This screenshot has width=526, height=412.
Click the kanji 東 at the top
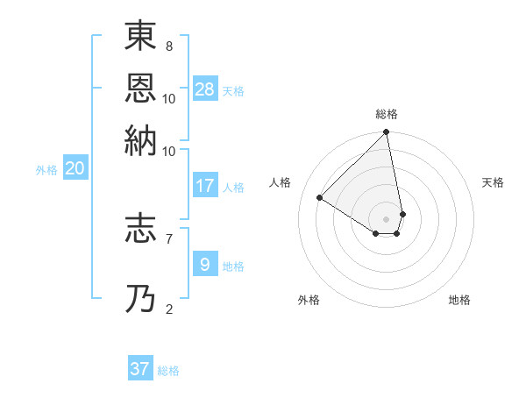pos(141,38)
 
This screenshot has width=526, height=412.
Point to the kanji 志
pos(141,230)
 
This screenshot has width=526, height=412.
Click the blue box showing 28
pos(205,89)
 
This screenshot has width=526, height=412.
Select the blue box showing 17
pos(205,186)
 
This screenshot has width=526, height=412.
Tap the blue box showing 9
pos(205,264)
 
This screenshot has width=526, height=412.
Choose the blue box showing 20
pos(75,168)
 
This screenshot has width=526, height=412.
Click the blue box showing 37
pos(140,368)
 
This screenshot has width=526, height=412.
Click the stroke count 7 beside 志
pos(168,237)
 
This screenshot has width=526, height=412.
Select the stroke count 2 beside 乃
pos(168,307)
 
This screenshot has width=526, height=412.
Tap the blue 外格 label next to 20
pos(46,170)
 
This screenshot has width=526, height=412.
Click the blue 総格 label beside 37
pos(168,371)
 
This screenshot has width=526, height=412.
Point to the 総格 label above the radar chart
pos(386,114)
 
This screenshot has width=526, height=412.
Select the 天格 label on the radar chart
pos(493,182)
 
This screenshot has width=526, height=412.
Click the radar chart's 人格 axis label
pos(281,182)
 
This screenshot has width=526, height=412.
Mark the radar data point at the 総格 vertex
pos(386,133)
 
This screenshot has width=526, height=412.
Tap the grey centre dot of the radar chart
pos(386,218)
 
